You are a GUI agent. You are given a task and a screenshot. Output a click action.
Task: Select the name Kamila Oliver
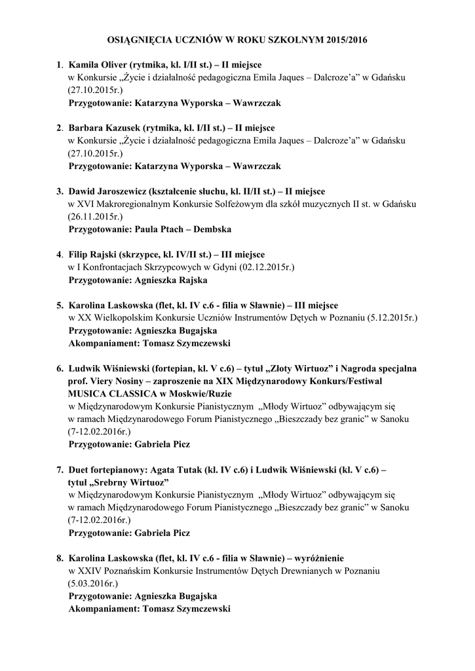[98, 66]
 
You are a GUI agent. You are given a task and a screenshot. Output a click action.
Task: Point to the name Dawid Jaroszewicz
[105, 191]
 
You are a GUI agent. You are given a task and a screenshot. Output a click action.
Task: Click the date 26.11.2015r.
[95, 216]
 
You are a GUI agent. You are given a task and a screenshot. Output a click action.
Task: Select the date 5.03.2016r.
[93, 583]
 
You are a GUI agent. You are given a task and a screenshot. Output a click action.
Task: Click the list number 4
[60, 254]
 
